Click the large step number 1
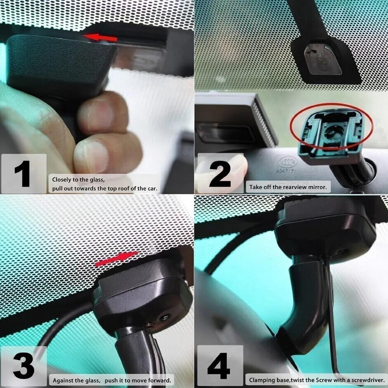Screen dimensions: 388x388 tap(22, 173)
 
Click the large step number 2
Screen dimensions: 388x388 tap(220, 173)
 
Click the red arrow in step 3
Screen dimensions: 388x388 tap(117, 259)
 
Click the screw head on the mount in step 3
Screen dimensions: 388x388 tap(165, 317)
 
